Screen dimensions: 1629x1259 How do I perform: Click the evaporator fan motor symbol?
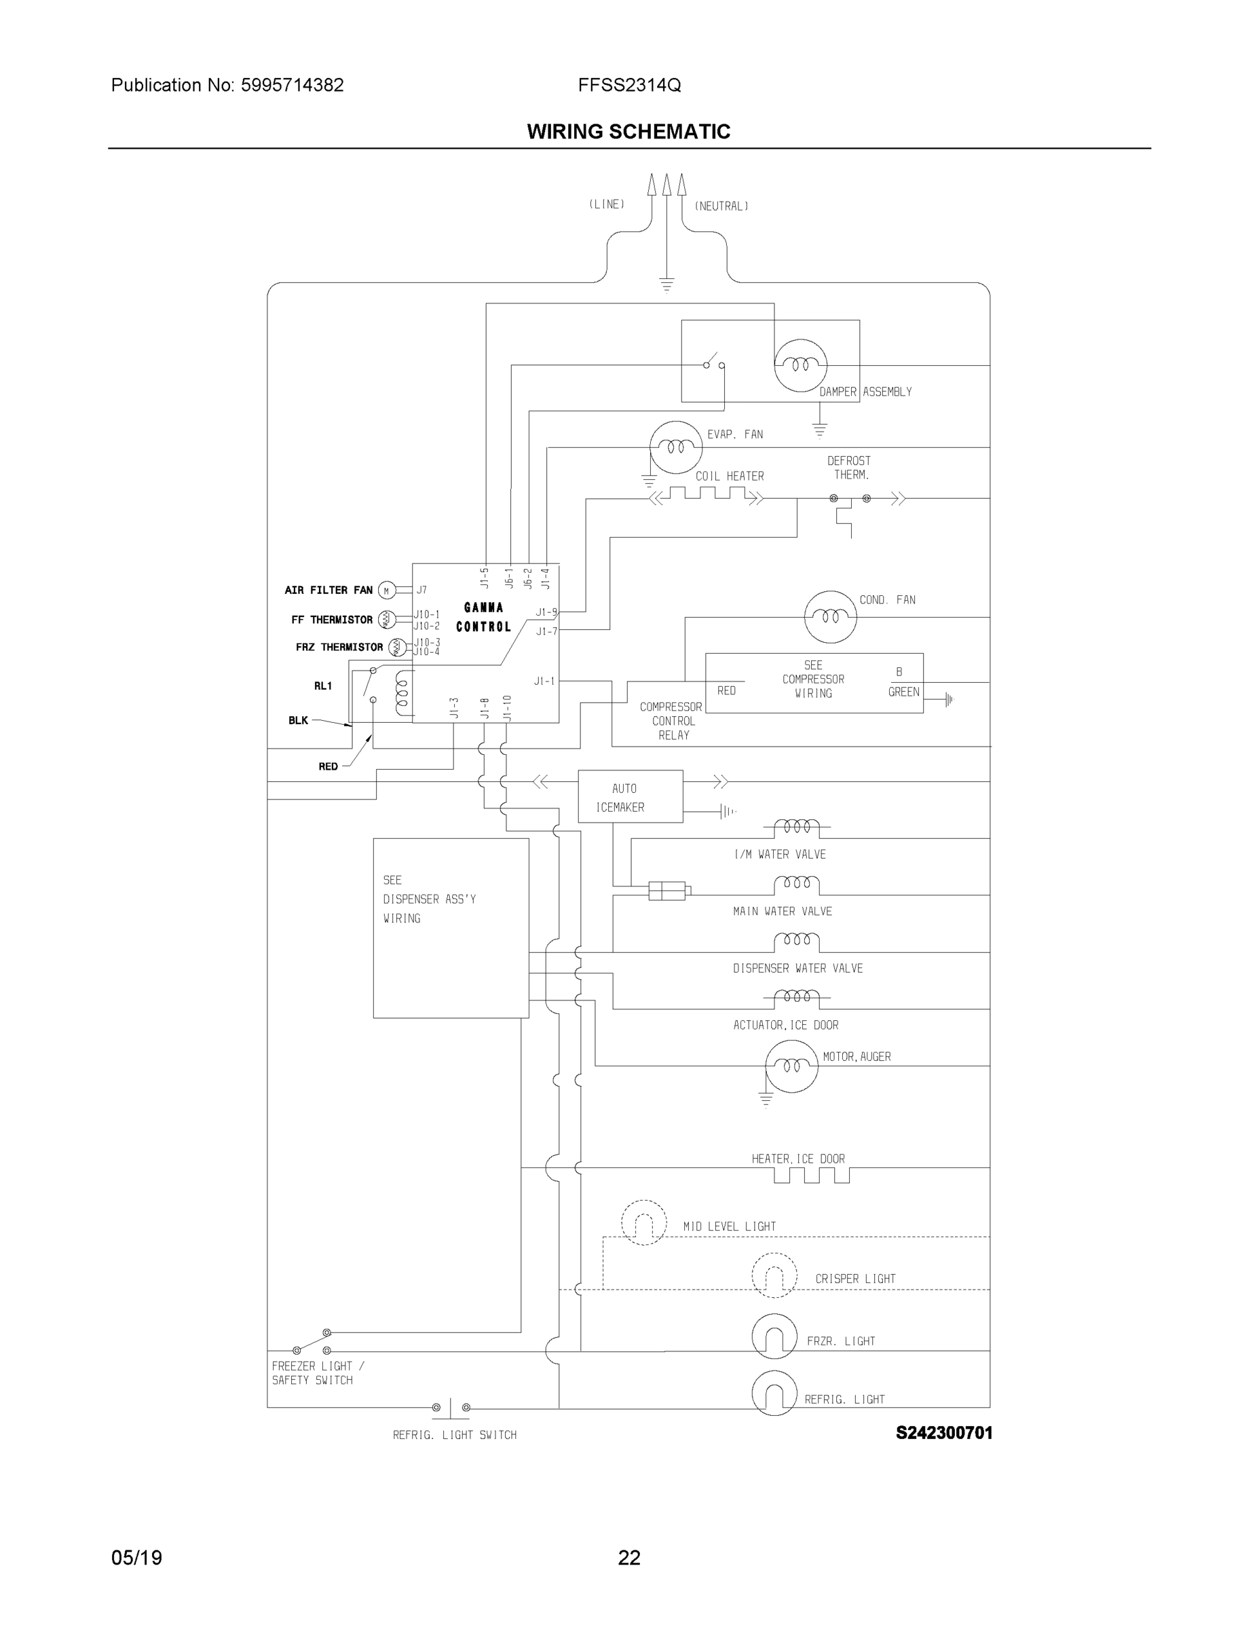676,447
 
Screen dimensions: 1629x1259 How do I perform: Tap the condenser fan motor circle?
830,617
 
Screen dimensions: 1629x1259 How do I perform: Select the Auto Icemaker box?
631,797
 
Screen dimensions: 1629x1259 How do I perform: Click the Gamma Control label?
483,617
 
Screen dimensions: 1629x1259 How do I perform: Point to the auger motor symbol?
791,1066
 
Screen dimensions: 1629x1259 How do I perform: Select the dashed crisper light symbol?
774,1276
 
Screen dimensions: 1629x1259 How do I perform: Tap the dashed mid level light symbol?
643,1222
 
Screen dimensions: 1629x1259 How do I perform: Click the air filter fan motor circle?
386,591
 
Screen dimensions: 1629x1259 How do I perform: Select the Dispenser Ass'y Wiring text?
429,899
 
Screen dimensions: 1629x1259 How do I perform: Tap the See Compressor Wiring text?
813,679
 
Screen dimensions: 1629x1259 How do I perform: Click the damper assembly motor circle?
800,364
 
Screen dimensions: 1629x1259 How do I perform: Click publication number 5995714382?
292,85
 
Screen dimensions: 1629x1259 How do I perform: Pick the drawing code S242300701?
943,1433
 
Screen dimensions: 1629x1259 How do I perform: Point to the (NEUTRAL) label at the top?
721,206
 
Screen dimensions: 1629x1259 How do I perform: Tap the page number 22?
628,1558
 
